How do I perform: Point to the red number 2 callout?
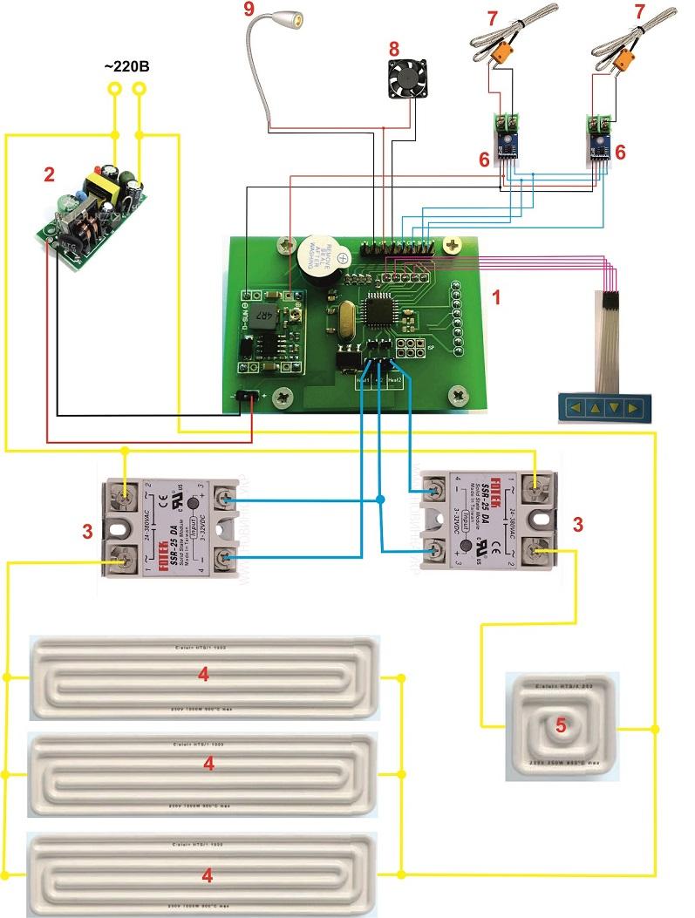pyautogui.click(x=49, y=174)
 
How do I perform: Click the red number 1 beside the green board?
pyautogui.click(x=497, y=297)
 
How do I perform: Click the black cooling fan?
pyautogui.click(x=406, y=79)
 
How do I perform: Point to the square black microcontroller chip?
pyautogui.click(x=381, y=309)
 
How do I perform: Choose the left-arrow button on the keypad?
pyautogui.click(x=576, y=406)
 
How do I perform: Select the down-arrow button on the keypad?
pyautogui.click(x=614, y=406)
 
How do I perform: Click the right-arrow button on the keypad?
pyautogui.click(x=633, y=406)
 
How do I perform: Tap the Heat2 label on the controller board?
pyautogui.click(x=393, y=380)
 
